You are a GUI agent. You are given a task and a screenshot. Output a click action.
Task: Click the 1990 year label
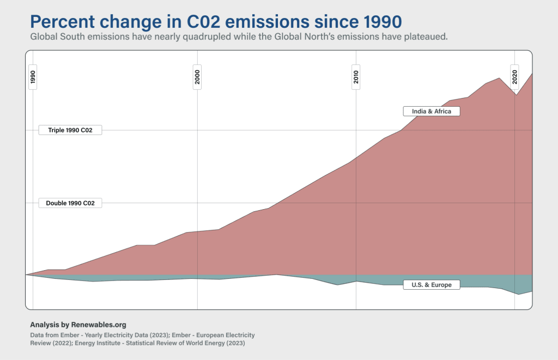coord(33,78)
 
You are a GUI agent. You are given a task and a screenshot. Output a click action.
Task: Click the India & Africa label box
coord(432,111)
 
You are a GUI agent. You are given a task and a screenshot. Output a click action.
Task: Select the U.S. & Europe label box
coord(432,284)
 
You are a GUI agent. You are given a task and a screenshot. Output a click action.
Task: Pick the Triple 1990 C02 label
coord(70,130)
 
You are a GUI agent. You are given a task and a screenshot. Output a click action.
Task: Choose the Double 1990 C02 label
coord(70,203)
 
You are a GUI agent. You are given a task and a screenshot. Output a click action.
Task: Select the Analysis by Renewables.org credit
coord(78,324)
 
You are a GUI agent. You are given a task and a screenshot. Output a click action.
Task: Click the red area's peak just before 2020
coord(499,78)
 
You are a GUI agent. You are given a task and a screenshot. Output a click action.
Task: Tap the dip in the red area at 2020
coord(516,95)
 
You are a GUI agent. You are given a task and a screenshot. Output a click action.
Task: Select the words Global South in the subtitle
coord(53,36)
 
